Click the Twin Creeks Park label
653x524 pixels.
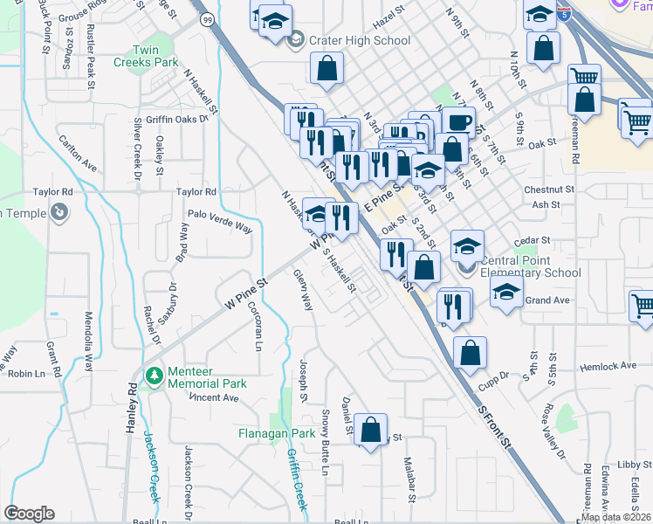click(x=146, y=56)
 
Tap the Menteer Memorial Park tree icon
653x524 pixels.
click(x=155, y=375)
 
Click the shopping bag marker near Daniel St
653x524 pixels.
click(x=370, y=429)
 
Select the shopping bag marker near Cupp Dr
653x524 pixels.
click(x=470, y=352)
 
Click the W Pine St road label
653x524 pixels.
click(x=246, y=293)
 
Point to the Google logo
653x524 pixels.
click(x=29, y=514)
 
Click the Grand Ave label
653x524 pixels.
click(x=547, y=300)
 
